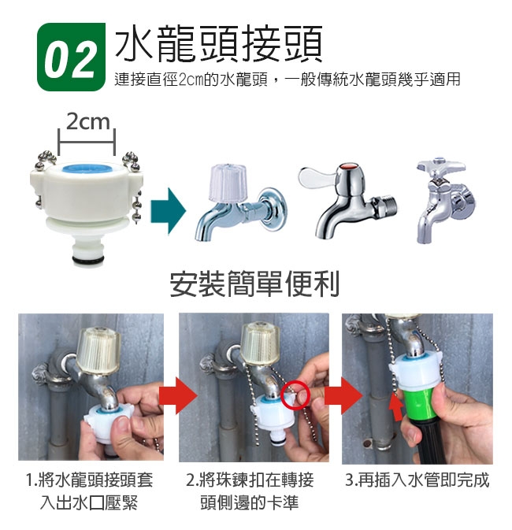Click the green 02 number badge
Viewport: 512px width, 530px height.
[71, 57]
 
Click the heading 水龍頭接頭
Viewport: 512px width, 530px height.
[218, 43]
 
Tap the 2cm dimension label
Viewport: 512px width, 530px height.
[88, 121]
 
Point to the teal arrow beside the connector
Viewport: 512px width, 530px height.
[168, 211]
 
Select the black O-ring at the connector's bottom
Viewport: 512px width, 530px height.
[87, 260]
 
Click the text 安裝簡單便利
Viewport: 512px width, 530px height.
[254, 284]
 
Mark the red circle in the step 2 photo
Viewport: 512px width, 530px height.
[295, 395]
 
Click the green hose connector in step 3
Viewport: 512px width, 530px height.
[419, 403]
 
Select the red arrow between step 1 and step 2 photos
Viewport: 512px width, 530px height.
[178, 396]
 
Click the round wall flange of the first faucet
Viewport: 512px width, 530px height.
[273, 208]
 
